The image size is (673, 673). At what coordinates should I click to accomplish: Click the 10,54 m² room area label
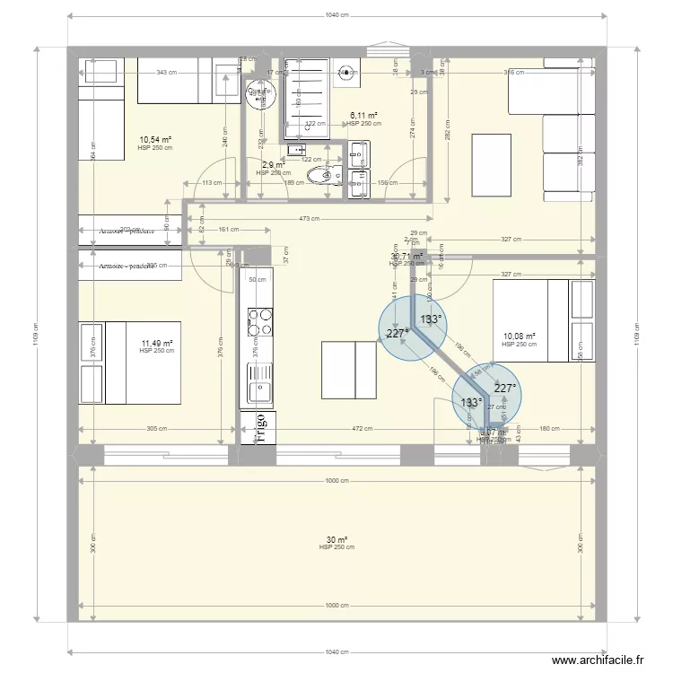click(x=155, y=140)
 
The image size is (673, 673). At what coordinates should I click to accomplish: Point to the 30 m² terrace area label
click(x=336, y=540)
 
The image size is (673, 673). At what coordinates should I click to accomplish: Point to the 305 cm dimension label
click(x=157, y=429)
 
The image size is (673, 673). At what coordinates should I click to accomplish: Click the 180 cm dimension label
click(x=548, y=429)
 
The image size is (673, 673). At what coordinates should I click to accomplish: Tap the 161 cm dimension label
click(x=231, y=229)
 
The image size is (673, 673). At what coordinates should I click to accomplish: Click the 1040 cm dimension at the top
click(x=336, y=16)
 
